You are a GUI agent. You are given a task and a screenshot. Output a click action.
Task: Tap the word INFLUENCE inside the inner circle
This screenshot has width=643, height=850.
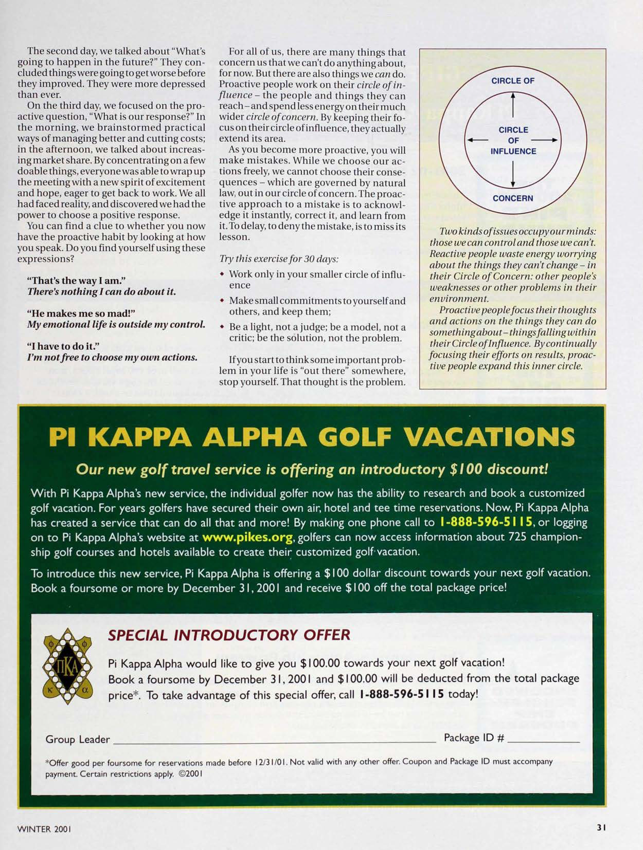coord(513,151)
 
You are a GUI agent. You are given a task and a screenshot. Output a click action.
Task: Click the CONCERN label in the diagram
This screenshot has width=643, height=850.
coord(513,198)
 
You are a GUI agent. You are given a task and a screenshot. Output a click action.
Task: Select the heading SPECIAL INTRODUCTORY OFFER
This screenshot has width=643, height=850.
coord(229,635)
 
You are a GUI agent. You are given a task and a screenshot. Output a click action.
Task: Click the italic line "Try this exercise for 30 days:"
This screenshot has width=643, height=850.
coord(279,259)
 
